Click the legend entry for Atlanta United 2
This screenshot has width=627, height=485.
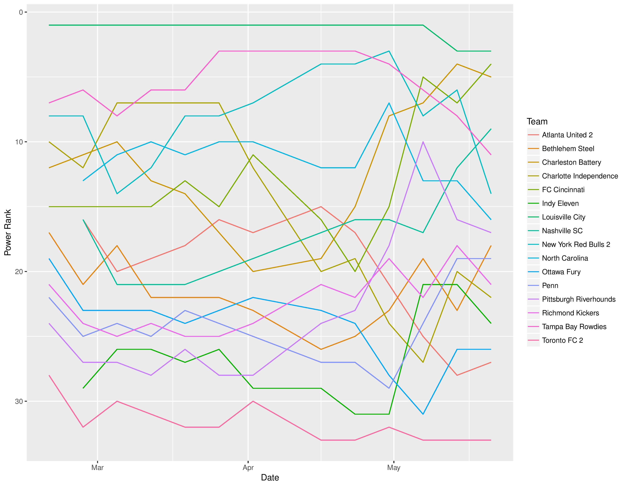coord(567,135)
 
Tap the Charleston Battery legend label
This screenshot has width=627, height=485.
coord(571,162)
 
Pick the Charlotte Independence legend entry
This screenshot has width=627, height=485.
coord(580,176)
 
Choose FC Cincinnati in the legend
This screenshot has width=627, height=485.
coord(563,190)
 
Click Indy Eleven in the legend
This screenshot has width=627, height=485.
coord(560,204)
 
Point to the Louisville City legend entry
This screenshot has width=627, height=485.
coord(563,217)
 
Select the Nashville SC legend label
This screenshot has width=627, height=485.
coord(562,231)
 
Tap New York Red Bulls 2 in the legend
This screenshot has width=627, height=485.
coord(576,245)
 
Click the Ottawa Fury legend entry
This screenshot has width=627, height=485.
coord(561,272)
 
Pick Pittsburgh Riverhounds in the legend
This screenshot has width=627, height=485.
coord(579,299)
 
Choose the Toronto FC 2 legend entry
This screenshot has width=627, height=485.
coord(562,340)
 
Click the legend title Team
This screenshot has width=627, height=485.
coord(537,122)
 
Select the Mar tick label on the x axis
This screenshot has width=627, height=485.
coord(98,468)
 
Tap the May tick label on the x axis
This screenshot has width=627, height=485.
coord(393,468)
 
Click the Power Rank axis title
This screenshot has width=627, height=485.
coord(8,232)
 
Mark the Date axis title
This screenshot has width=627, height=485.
coord(270,478)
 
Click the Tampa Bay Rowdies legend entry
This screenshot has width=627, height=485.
coord(574,327)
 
